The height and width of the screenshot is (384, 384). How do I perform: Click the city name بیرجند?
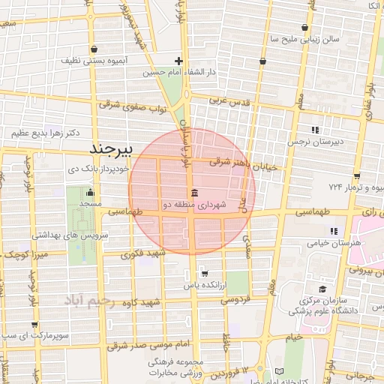pos(110,148)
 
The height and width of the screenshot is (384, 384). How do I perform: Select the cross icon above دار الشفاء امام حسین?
pos(178,61)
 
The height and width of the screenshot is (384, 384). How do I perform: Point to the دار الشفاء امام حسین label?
pos(181,73)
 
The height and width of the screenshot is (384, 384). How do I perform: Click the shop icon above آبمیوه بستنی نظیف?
pos(93,49)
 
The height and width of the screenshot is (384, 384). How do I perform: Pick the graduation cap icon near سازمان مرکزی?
pos(322,289)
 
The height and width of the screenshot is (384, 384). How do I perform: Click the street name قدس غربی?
pos(226,99)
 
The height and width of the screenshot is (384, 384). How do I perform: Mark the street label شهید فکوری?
pos(137,253)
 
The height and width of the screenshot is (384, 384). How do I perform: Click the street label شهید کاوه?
pos(144,303)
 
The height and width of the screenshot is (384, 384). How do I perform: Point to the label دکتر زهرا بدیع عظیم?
pos(45,133)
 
